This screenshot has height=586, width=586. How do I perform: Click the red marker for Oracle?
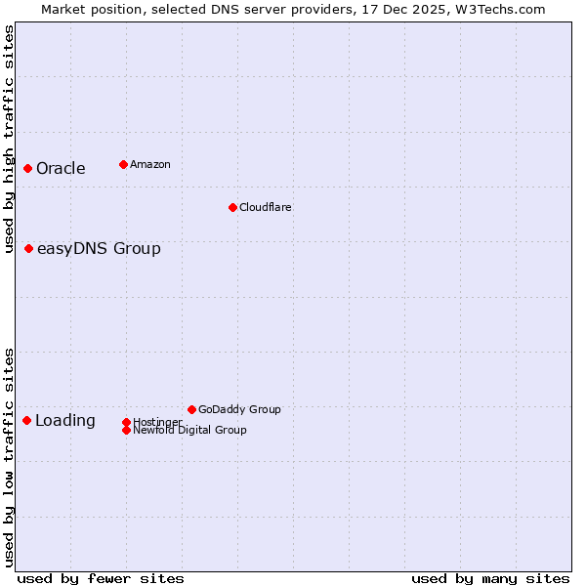click(x=28, y=169)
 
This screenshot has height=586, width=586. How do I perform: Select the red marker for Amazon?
click(x=123, y=164)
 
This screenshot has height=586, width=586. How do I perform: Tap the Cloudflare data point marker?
click(x=232, y=207)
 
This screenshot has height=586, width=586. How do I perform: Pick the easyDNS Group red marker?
click(x=29, y=249)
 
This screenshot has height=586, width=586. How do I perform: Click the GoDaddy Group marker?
click(x=191, y=409)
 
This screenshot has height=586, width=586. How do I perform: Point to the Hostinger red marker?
click(x=126, y=422)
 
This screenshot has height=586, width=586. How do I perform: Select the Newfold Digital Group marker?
click(x=126, y=430)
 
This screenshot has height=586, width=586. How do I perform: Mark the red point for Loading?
click(x=27, y=421)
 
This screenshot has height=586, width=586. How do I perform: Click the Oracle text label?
click(x=61, y=169)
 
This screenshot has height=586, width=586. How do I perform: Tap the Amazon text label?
click(x=149, y=164)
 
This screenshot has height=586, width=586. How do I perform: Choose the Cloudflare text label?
click(x=265, y=207)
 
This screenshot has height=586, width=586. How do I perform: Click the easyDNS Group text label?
click(x=99, y=249)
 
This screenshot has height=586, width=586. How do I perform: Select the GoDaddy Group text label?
click(x=239, y=409)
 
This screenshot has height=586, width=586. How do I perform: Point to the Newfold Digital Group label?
click(x=189, y=430)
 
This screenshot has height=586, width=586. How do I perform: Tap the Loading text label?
click(x=65, y=421)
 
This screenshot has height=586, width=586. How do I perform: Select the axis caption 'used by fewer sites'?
click(x=101, y=578)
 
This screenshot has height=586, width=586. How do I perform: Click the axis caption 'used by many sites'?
click(x=490, y=578)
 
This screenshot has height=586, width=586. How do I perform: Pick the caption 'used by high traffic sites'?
click(x=10, y=140)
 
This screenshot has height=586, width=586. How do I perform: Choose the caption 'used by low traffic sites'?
click(x=10, y=457)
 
